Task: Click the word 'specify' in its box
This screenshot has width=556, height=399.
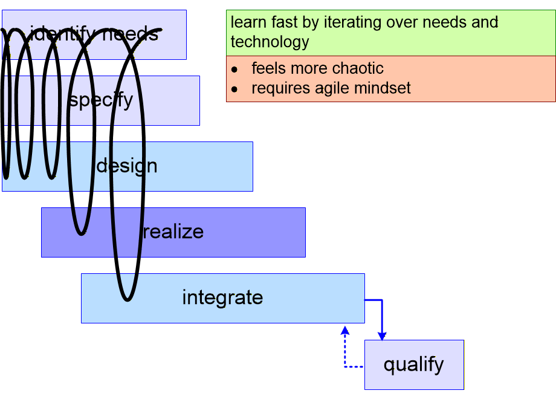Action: point(101,100)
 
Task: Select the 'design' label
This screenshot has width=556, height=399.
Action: point(127,166)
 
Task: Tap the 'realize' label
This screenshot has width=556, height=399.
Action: point(173,232)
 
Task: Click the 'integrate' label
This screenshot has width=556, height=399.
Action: point(222,297)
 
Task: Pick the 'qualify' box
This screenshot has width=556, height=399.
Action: point(414,365)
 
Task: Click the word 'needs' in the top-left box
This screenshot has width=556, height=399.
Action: point(130,34)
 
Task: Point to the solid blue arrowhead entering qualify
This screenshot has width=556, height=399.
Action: point(382,336)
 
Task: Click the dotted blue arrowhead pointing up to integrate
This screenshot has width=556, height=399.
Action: point(345,330)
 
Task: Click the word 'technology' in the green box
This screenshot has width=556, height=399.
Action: point(270,42)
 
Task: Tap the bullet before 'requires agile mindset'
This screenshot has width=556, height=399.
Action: point(234,89)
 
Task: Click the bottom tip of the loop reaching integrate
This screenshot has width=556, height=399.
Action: point(128,298)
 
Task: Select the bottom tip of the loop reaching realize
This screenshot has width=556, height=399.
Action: point(81,232)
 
